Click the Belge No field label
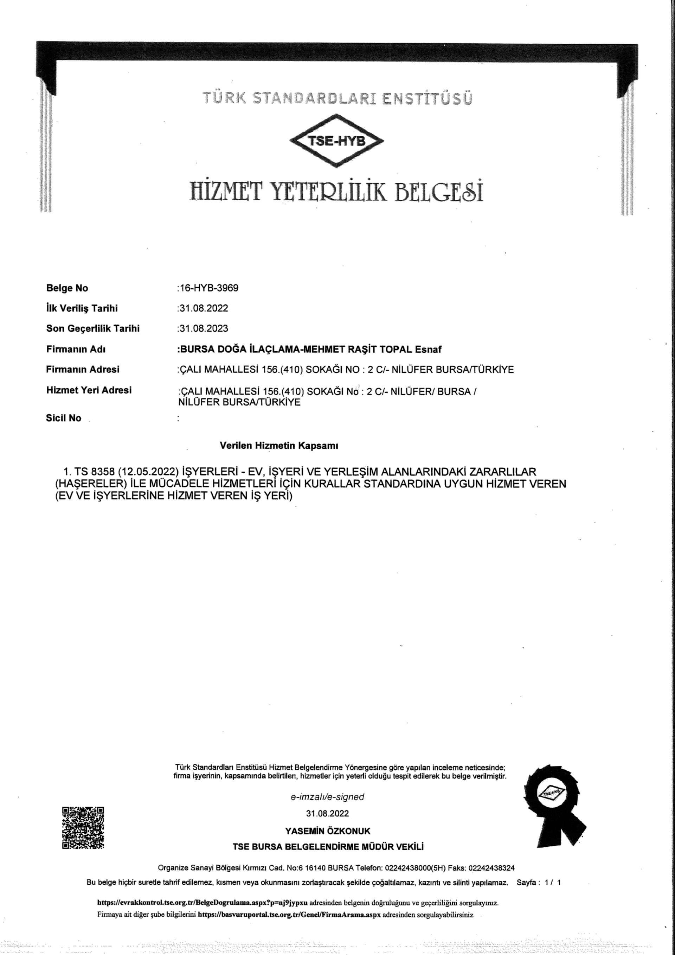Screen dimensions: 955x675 (67, 288)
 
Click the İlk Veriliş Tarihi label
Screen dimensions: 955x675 (82, 308)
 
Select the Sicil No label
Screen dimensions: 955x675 (64, 418)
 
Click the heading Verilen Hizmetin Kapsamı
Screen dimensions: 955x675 (279, 446)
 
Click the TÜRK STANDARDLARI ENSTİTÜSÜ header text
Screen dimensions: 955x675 (337, 98)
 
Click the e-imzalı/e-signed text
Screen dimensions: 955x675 (327, 797)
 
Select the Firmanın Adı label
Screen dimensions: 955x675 (76, 349)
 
